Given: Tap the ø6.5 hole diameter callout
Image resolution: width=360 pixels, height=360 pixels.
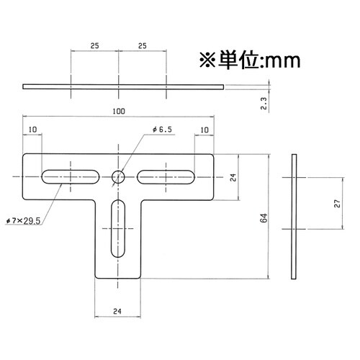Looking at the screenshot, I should [x=162, y=129].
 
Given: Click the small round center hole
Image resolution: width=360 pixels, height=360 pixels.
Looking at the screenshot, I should [x=119, y=175].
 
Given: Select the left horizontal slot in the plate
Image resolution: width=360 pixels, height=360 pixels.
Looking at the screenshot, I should [x=71, y=175].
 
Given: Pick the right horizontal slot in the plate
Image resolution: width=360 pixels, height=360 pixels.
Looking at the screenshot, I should [x=166, y=175].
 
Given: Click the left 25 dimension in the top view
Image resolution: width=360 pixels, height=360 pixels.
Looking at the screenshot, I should [x=94, y=45].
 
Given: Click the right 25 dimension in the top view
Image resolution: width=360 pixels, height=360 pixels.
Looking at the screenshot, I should [x=143, y=45].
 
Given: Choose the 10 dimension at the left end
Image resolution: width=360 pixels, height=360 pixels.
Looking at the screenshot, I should [x=32, y=130].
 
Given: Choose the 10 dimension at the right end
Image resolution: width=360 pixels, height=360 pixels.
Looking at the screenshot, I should [x=205, y=130].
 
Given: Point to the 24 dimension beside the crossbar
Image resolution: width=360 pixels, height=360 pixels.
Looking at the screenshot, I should [x=233, y=176].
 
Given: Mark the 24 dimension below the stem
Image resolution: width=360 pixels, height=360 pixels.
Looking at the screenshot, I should [x=119, y=311].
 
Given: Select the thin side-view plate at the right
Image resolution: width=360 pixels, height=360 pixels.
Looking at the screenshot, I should [x=295, y=216].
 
